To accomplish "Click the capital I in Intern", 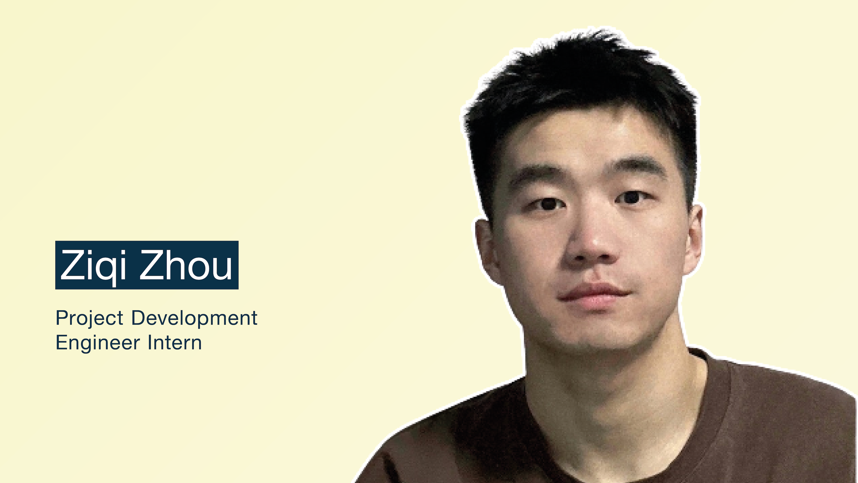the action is pyautogui.click(x=150, y=342).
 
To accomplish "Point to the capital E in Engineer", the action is pyautogui.click(x=62, y=342).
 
